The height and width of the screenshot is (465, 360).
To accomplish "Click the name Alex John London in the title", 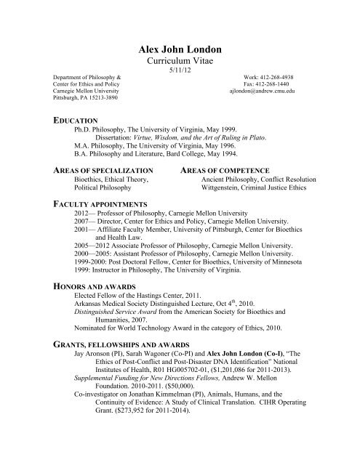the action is [x=180, y=49].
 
